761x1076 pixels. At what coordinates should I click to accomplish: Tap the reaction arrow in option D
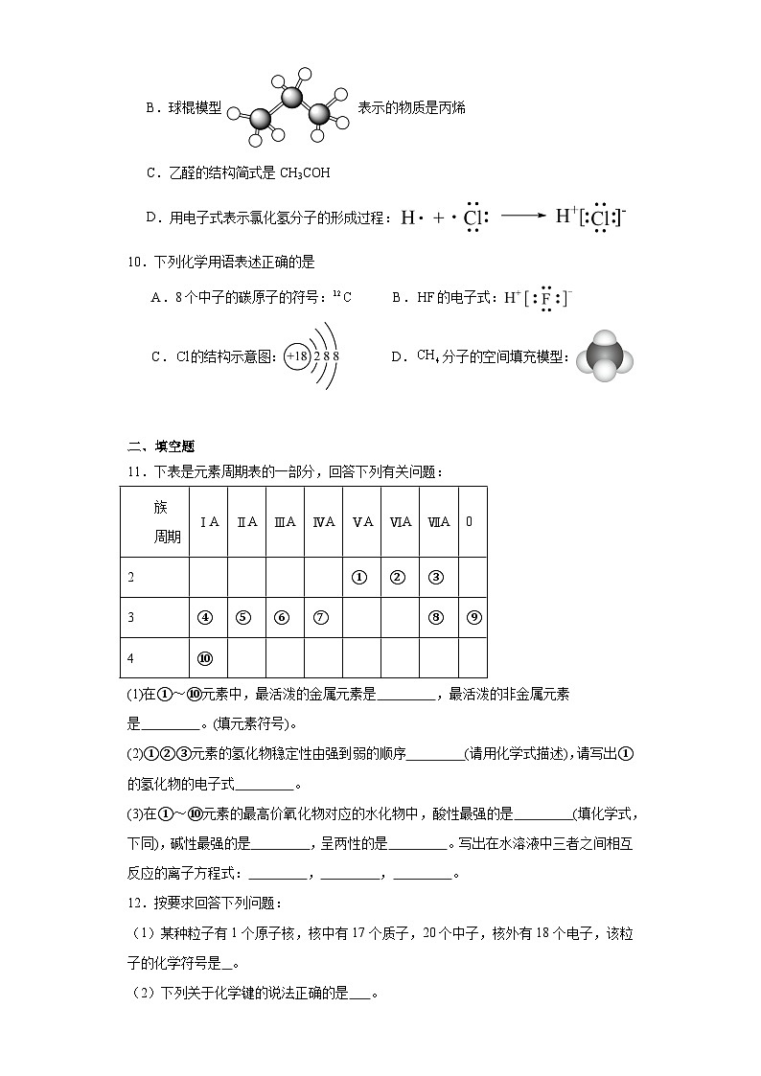522,217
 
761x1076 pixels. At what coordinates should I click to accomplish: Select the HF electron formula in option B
539,298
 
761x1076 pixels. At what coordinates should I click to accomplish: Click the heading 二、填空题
161,446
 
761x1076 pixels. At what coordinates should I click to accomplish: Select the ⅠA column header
209,522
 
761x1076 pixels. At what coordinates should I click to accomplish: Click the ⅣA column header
323,522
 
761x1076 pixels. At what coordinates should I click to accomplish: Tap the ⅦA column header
438,522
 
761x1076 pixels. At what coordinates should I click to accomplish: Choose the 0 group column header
470,522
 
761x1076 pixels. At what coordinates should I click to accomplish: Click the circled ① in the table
360,578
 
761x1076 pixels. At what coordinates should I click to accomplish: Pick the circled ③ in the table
436,578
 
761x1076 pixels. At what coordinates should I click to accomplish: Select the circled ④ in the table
205,618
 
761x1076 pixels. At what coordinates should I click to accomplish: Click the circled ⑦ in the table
321,618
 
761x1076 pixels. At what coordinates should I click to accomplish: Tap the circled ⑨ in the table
473,618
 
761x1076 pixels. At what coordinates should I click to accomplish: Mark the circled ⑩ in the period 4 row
205,658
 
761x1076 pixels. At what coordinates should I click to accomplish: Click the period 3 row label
131,618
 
